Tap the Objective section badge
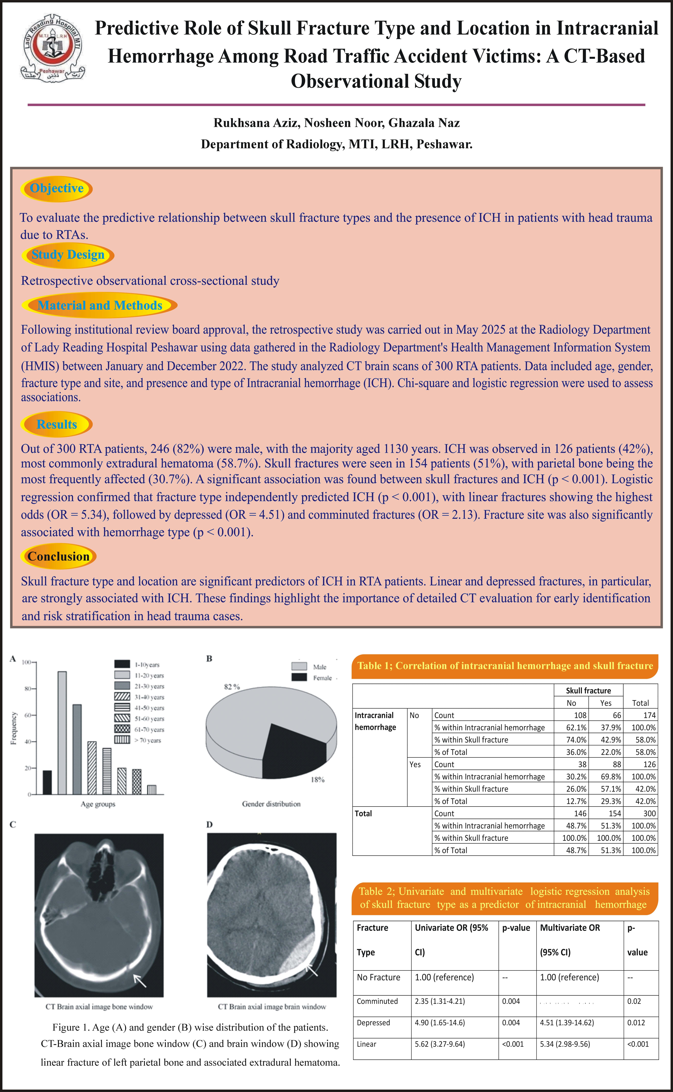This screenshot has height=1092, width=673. pyautogui.click(x=57, y=188)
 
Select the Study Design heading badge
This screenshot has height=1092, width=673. pyautogui.click(x=68, y=255)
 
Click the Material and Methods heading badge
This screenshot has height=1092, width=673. pyautogui.click(x=100, y=305)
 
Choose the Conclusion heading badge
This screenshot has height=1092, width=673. pyautogui.click(x=58, y=556)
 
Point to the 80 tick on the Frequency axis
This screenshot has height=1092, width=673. pyautogui.click(x=28, y=689)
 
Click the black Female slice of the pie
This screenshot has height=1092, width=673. pyautogui.click(x=289, y=752)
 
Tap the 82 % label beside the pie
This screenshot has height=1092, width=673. pyautogui.click(x=231, y=687)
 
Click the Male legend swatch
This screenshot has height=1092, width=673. pyautogui.click(x=299, y=666)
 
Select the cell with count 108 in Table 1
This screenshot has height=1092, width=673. pyautogui.click(x=571, y=715)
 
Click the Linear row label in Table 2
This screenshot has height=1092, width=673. pyautogui.click(x=366, y=1044)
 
